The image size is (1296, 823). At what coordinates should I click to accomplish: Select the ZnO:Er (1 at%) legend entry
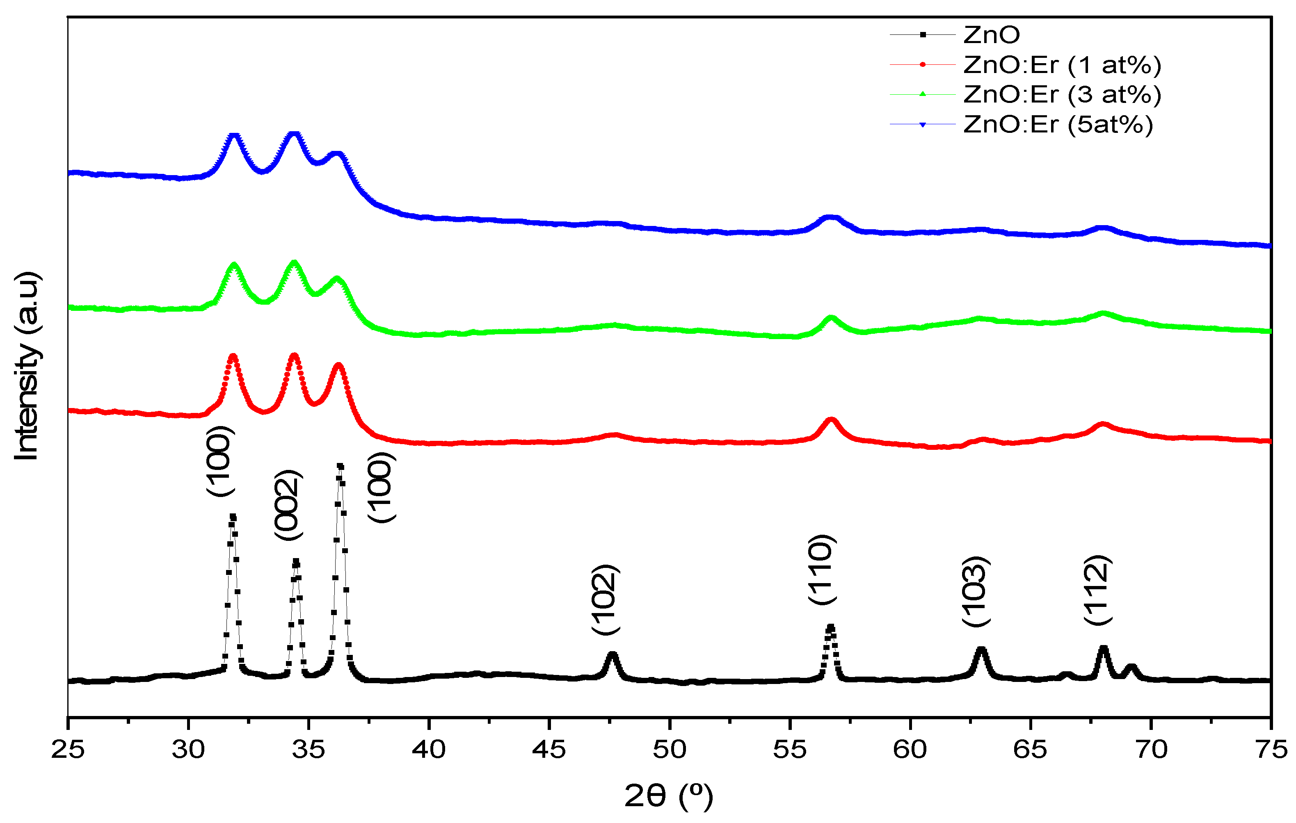pos(1061,65)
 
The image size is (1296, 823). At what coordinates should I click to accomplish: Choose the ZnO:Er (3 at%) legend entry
pos(1061,95)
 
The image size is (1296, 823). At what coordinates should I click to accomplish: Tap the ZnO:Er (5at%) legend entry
pos(1058,125)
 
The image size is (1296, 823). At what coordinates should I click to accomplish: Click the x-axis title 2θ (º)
pos(668,796)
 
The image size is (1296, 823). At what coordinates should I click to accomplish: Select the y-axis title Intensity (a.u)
pos(27,366)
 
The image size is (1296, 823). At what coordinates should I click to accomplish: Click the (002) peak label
pos(288,504)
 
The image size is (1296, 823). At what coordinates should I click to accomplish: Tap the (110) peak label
pos(821,569)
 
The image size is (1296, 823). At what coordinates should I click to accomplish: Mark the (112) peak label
pos(1097,590)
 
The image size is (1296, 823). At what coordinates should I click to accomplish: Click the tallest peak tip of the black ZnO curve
pos(340,466)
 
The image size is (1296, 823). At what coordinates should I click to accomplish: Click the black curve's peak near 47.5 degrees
pos(611,654)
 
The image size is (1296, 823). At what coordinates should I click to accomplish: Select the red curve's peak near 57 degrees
pos(831,419)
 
